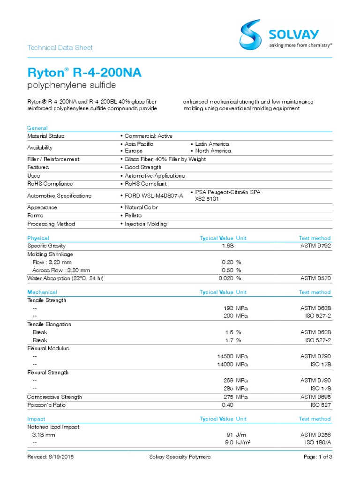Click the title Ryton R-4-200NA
84,73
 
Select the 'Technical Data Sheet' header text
60,47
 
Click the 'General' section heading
37,128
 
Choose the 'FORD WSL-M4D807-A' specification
152,195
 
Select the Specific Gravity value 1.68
228,246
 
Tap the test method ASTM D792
315,246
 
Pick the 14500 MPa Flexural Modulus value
223,356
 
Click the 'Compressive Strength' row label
54,397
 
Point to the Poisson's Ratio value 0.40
228,405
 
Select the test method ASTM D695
315,397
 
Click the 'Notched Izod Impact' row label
53,427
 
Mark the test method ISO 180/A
318,442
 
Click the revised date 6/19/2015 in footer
51,457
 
